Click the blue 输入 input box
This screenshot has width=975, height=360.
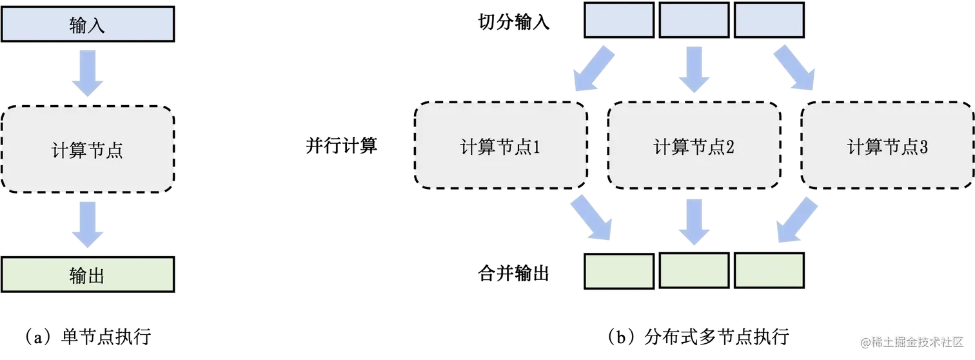88,25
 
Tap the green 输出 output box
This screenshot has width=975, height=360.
88,275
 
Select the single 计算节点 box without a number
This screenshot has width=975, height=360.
88,150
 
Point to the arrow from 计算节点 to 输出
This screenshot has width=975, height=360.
88,223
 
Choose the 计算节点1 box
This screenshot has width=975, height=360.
500,148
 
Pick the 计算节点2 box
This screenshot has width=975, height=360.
694,148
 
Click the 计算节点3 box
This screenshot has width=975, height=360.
887,148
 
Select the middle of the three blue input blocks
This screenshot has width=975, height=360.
694,20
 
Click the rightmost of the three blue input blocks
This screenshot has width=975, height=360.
769,20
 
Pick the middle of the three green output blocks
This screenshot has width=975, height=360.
694,270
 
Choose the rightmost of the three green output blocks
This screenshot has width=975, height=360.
769,270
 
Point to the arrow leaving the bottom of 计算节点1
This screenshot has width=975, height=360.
591,219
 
